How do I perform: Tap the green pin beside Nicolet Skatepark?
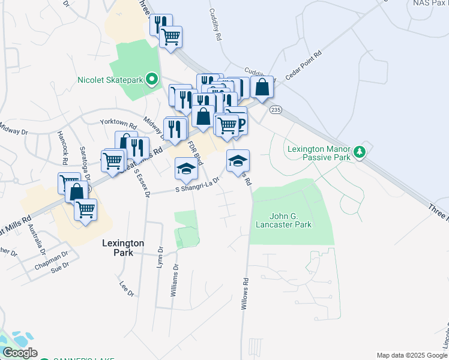[x=152, y=79]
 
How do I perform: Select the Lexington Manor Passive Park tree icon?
[x=360, y=152]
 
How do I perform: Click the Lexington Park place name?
[x=122, y=248]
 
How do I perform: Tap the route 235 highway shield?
[x=276, y=110]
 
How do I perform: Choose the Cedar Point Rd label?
[x=303, y=65]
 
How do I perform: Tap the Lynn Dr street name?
[x=160, y=257]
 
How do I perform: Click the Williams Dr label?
[x=175, y=281]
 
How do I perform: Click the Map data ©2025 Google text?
[x=412, y=355]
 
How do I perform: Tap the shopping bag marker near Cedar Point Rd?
[x=262, y=88]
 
